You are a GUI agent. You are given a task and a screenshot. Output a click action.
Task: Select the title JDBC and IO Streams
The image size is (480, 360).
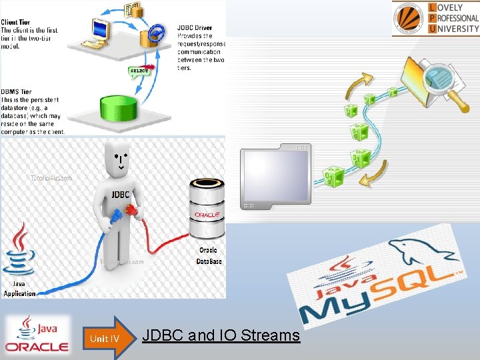[221, 335]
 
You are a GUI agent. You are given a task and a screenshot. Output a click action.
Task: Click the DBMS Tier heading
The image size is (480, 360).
[17, 91]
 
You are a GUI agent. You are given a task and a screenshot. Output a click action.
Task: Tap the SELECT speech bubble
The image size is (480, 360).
[139, 71]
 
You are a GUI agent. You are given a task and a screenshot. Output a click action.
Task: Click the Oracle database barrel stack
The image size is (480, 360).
[207, 209]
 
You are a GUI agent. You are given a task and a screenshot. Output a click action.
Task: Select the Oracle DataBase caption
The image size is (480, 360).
[209, 256]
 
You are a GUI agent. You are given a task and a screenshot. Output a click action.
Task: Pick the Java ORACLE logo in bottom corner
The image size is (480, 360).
[37, 335]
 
